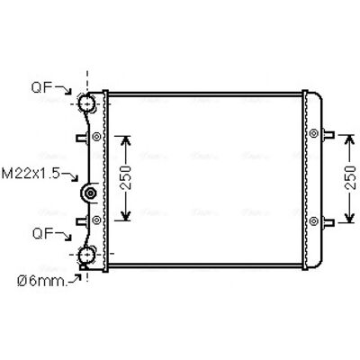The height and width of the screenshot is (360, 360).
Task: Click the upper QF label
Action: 42,87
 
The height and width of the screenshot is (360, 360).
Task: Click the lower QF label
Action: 43,233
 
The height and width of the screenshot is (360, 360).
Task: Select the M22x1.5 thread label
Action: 31,174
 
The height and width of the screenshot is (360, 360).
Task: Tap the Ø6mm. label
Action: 42,281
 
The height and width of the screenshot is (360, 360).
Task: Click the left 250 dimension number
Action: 126,177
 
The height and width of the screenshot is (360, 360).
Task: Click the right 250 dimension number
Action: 350,177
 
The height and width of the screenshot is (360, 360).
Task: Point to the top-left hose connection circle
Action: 87,103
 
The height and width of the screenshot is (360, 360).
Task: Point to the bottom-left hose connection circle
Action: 87,256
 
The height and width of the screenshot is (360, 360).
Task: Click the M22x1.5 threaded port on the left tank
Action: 89,193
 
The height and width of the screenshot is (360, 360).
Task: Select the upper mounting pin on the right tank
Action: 328,134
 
